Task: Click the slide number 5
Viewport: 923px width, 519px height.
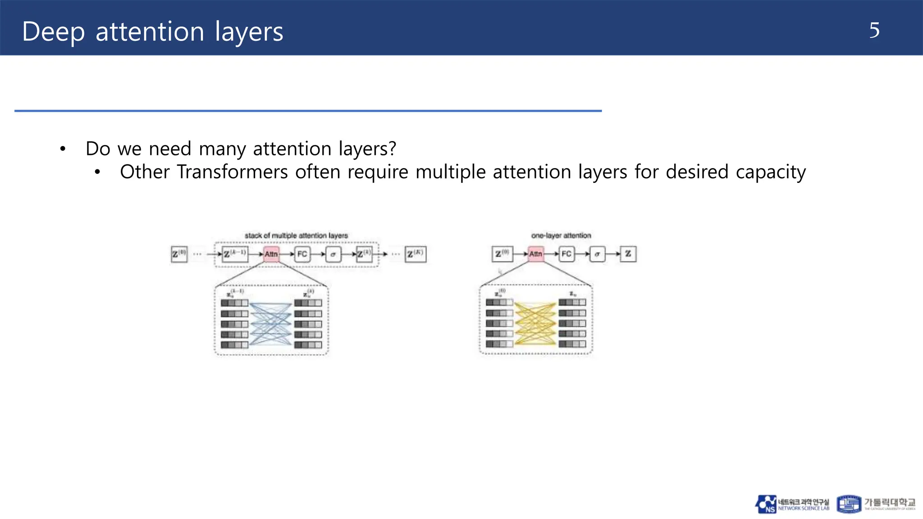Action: click(874, 31)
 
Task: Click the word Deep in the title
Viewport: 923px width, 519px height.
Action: click(53, 32)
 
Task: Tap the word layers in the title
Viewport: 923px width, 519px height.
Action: click(249, 32)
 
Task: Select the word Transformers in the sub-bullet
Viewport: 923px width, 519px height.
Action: click(232, 172)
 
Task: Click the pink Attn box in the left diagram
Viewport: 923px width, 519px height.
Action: click(271, 254)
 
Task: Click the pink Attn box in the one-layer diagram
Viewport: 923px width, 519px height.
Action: click(535, 254)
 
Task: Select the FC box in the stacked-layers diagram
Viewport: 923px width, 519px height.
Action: click(302, 254)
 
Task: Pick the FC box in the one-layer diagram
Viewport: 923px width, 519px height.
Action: click(567, 254)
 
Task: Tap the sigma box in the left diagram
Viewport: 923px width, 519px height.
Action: click(333, 254)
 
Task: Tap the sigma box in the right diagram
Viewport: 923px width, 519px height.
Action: click(597, 254)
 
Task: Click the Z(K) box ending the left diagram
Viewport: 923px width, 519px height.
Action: click(415, 254)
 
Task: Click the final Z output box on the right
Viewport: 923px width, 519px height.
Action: click(628, 254)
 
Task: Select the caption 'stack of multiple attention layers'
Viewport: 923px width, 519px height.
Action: click(296, 236)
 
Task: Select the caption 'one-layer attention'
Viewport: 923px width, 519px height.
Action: click(561, 236)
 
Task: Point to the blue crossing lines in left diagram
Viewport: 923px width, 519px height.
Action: click(270, 323)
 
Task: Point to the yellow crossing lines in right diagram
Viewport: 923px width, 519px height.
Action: click(535, 323)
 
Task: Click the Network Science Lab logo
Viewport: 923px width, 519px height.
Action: click(792, 504)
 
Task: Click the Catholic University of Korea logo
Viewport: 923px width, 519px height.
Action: click(876, 504)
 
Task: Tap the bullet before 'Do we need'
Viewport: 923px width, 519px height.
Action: click(63, 149)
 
